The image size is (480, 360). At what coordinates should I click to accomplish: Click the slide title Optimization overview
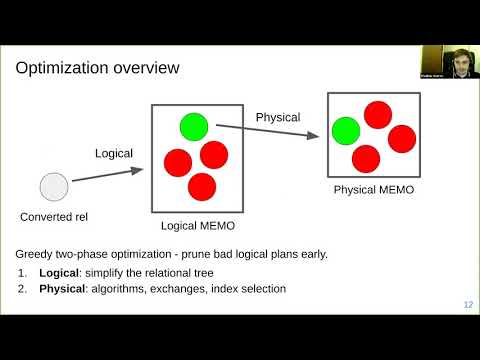tap(97, 68)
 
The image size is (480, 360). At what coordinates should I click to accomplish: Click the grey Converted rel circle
tap(54, 186)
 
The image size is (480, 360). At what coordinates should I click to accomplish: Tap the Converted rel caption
tap(54, 216)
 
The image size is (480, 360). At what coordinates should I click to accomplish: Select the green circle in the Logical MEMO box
tap(193, 126)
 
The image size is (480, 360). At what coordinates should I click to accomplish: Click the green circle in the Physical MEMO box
tap(346, 130)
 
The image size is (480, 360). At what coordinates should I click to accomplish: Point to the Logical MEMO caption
tap(198, 226)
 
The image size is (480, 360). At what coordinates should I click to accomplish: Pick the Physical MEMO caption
tap(373, 189)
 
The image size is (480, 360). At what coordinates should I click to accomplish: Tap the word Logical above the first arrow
tap(114, 153)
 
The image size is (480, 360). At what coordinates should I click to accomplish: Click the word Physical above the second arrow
tap(278, 117)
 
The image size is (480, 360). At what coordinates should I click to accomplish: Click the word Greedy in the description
tap(36, 253)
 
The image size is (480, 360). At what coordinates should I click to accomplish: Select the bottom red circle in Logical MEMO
tap(202, 186)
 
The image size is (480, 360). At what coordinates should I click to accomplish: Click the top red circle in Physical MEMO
tap(377, 115)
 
